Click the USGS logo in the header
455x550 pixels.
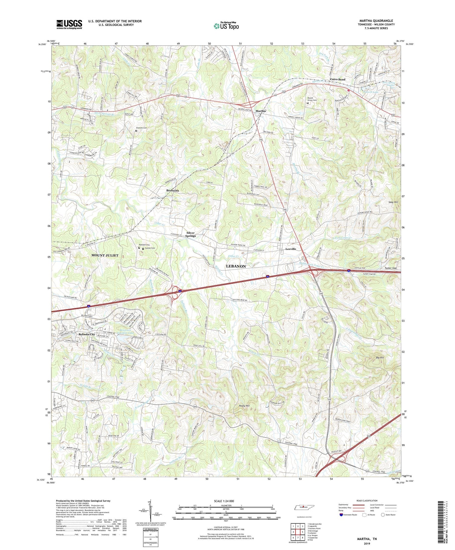tap(69, 24)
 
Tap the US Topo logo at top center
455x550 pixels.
tap(226, 26)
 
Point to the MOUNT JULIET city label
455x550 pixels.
tap(105, 255)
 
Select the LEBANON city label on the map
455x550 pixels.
tap(236, 266)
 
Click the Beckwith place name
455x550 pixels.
tap(173, 191)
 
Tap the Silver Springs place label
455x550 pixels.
tap(191, 234)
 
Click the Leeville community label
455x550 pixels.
tap(291, 249)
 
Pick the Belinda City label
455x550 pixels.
tap(87, 334)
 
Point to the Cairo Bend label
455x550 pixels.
tap(338, 79)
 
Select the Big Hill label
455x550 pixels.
tap(380, 358)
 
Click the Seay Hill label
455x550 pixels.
tap(393, 202)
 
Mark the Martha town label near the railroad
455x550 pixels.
tap(261, 111)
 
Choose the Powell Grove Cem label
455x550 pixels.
tap(312, 99)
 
